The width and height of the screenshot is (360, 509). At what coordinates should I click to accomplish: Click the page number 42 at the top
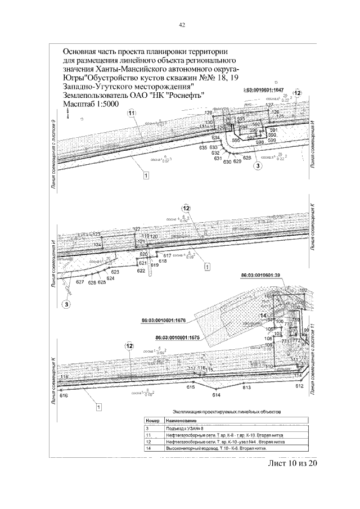182,25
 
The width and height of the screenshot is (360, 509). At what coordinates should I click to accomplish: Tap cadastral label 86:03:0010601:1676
165,322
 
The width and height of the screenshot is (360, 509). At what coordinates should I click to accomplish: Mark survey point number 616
63,397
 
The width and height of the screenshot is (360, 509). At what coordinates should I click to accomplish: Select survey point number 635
203,148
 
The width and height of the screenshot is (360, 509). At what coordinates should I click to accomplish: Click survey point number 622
141,271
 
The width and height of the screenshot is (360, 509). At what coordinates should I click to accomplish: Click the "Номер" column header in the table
153,421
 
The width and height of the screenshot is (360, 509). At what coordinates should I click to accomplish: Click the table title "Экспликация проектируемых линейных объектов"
226,411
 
